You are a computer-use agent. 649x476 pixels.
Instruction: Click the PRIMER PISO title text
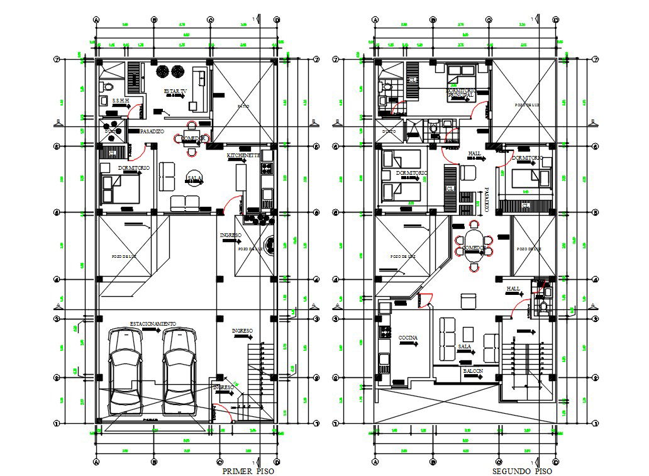pyautogui.click(x=248, y=471)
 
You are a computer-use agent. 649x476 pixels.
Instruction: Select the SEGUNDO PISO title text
pyautogui.click(x=522, y=471)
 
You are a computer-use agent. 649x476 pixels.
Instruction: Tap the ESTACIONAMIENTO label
pyautogui.click(x=153, y=323)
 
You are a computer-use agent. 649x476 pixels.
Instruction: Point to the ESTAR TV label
pyautogui.click(x=175, y=91)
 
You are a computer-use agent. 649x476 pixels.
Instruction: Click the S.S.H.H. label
pyautogui.click(x=121, y=101)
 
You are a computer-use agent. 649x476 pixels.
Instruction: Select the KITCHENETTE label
pyautogui.click(x=243, y=154)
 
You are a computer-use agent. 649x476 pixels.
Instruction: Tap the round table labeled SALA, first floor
pyautogui.click(x=194, y=179)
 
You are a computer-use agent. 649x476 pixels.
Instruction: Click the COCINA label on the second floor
pyautogui.click(x=408, y=338)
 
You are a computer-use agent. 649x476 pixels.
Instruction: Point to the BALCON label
pyautogui.click(x=473, y=371)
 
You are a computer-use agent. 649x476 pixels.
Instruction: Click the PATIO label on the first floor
pyautogui.click(x=243, y=106)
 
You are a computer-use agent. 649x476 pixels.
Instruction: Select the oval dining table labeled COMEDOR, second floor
pyautogui.click(x=472, y=248)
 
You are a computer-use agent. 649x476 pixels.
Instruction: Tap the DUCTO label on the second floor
pyautogui.click(x=389, y=131)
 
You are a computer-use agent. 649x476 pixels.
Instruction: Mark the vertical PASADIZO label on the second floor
pyautogui.click(x=486, y=199)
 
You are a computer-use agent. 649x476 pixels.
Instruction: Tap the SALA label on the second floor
pyautogui.click(x=465, y=346)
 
